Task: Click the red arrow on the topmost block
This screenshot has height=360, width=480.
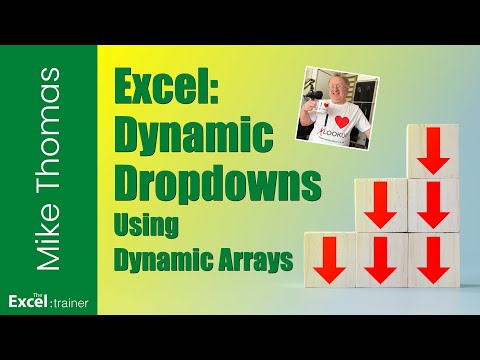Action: [432, 152]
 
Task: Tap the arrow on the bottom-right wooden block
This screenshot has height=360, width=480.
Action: [433, 261]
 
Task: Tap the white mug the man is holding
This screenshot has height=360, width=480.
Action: [315, 125]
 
